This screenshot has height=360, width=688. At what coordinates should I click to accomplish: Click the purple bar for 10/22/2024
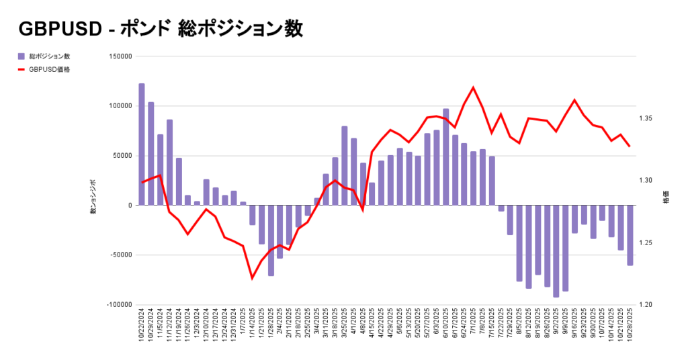(142, 144)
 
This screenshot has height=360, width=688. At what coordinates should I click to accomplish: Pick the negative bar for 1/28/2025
(271, 240)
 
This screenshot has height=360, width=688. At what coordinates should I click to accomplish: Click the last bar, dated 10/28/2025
(630, 235)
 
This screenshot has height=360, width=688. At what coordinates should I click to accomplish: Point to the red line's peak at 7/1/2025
(474, 87)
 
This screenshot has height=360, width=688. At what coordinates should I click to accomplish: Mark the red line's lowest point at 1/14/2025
(252, 278)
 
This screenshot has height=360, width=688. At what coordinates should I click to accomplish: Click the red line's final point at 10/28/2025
(630, 146)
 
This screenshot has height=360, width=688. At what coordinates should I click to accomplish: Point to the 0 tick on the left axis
(130, 206)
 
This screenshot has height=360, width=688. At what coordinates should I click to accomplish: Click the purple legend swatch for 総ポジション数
(21, 56)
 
